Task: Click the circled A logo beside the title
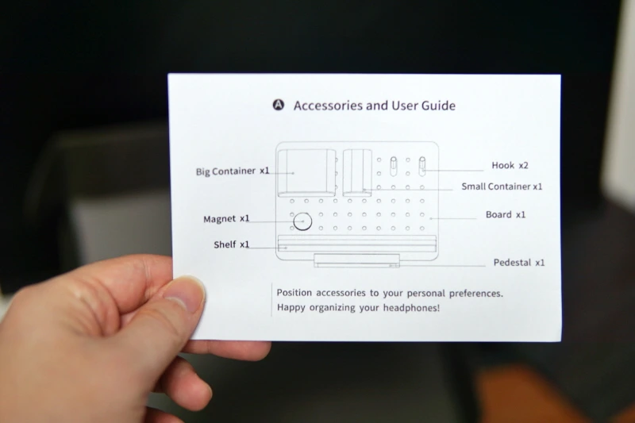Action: [279, 105]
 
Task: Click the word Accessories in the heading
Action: [328, 106]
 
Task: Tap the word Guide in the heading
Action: [438, 106]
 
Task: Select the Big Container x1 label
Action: [233, 171]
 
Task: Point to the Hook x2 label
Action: [510, 165]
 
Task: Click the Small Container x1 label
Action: [502, 187]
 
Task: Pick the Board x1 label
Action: [506, 214]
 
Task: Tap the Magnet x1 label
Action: [226, 218]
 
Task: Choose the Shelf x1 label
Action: [231, 244]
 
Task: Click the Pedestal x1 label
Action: [519, 263]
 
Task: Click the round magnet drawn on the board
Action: [302, 221]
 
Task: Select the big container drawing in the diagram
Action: [307, 173]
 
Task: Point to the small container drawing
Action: [357, 173]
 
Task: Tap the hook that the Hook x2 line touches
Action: [422, 167]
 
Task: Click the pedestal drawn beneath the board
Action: [356, 260]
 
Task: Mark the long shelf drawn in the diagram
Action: [356, 244]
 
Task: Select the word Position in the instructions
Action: [294, 293]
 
